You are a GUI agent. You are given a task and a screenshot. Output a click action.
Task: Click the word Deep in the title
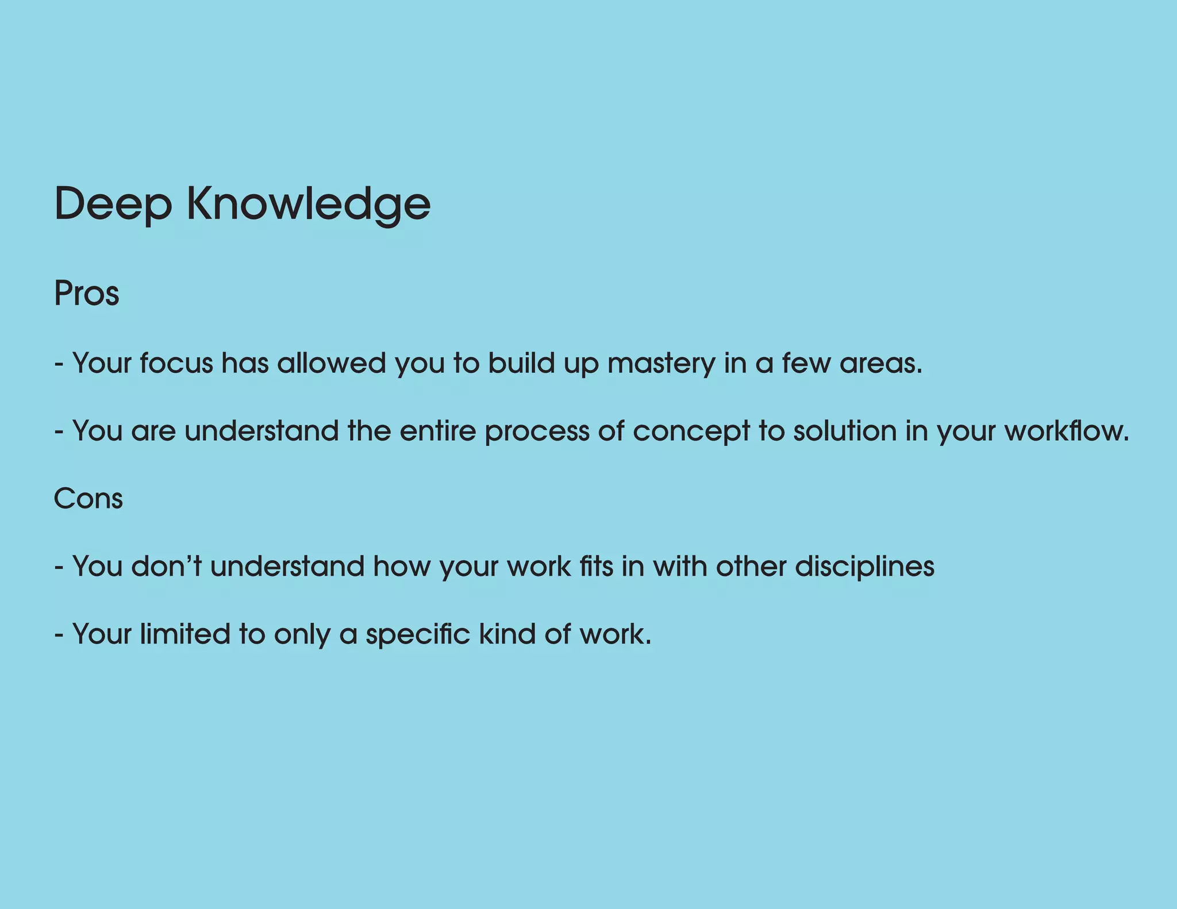113,205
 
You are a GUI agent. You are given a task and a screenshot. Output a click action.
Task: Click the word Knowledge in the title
309,205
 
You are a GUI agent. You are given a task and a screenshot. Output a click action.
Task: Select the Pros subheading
86,294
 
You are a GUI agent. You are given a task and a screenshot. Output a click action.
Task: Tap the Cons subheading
88,498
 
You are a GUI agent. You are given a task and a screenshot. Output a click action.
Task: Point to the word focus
176,364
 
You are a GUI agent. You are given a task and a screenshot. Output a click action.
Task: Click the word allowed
331,364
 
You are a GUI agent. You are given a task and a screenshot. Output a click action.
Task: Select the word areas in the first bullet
880,364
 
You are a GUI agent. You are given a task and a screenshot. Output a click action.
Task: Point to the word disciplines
864,567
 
